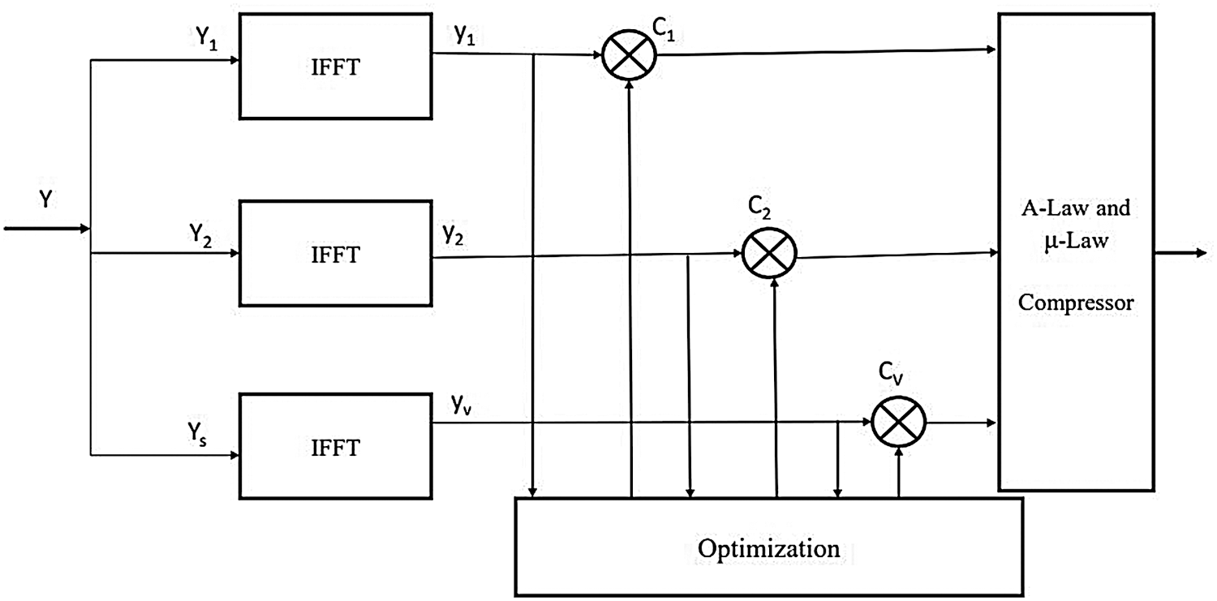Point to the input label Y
pos(45,200)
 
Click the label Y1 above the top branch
pos(206,38)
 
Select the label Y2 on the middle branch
pos(200,235)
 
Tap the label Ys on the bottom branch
pos(197,435)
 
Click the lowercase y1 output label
pos(465,36)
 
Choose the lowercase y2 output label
pos(453,234)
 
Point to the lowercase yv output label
pos(462,405)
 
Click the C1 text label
pos(664,28)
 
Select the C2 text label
pos(759,208)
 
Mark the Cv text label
pos(891,374)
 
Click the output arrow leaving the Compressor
pos(1180,252)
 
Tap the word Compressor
pos(1076,303)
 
